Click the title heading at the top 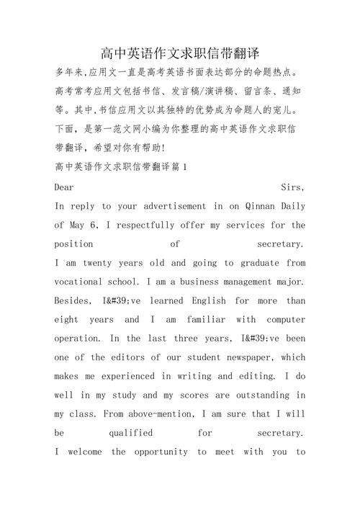coord(180,53)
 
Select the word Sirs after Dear coord(292,186)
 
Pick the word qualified coord(130,433)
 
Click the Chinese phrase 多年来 coord(69,73)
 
